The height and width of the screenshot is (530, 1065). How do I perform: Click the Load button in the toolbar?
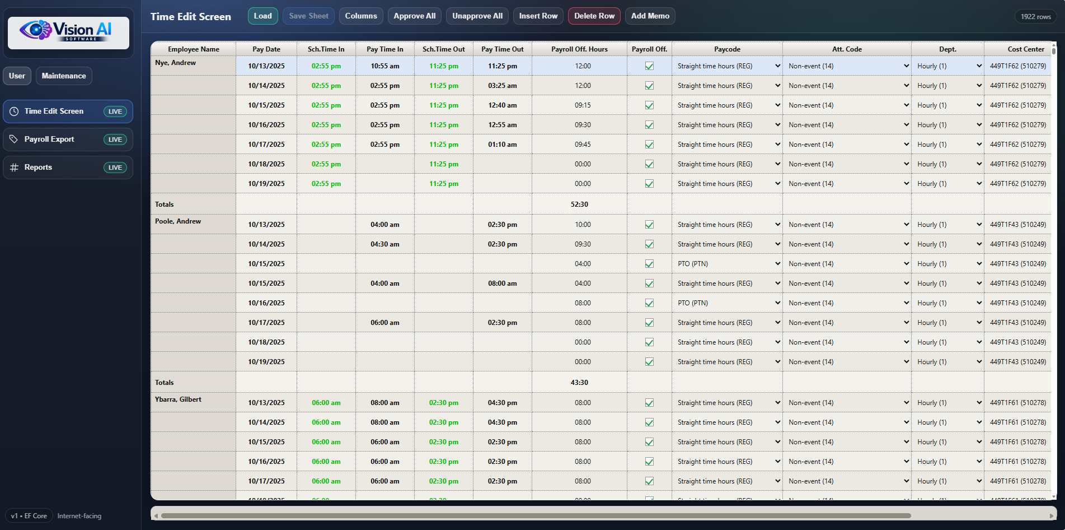[262, 16]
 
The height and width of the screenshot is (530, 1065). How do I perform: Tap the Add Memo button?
[650, 16]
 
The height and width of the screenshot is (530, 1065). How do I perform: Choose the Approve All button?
[414, 16]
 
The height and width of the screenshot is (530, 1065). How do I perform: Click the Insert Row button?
[538, 16]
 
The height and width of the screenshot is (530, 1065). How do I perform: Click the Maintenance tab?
[64, 76]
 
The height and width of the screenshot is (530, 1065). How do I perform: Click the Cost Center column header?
[1026, 49]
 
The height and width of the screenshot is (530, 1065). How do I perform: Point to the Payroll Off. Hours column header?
[579, 49]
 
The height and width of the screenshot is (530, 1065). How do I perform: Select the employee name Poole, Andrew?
[178, 221]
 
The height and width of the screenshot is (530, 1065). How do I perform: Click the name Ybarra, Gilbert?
[178, 399]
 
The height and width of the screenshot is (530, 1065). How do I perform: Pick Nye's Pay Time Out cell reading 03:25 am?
[503, 86]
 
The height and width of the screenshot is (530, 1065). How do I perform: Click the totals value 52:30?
[579, 204]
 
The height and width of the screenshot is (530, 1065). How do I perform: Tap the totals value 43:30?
[579, 383]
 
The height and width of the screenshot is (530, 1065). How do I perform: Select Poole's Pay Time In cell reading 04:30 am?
[385, 244]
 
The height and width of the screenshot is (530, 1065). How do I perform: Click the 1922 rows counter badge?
[1036, 17]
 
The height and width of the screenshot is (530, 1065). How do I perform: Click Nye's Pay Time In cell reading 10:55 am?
[385, 66]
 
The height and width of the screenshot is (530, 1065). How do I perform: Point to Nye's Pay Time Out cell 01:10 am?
[503, 145]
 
